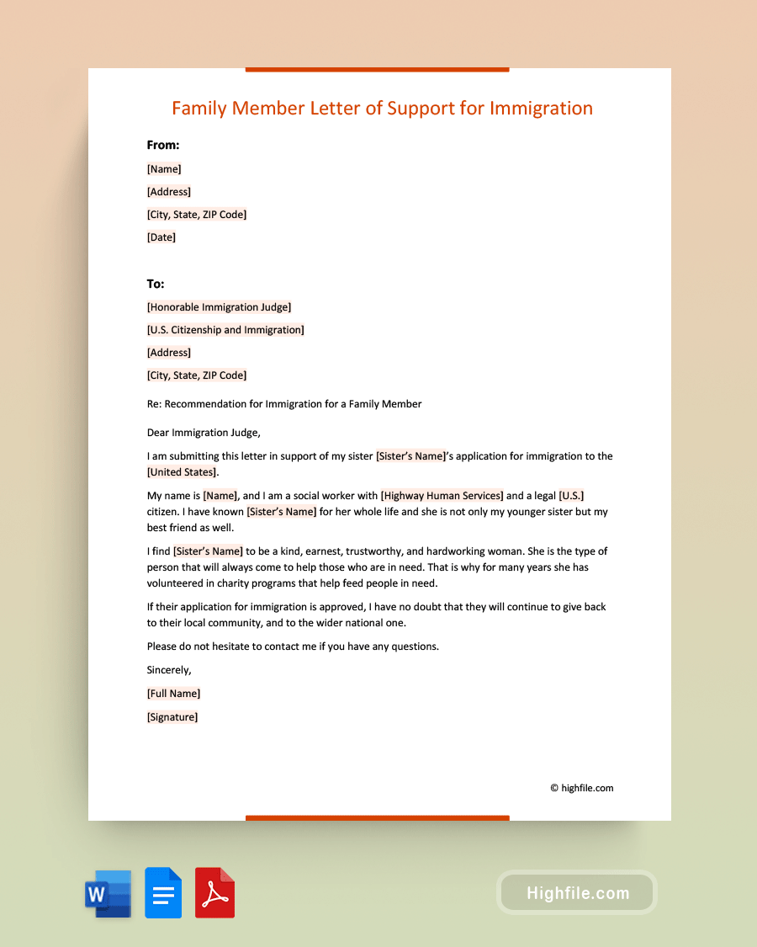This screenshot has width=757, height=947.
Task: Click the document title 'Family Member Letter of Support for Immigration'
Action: [x=382, y=108]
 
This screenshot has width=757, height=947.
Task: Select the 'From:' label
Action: [x=163, y=145]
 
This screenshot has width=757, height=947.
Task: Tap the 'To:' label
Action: [x=156, y=284]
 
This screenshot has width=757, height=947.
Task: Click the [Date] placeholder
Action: [x=161, y=237]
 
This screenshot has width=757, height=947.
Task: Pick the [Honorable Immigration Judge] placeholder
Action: [x=219, y=307]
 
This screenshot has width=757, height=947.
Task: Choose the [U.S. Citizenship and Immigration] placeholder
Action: [x=225, y=330]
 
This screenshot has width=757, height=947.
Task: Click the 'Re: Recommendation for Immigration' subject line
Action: [x=284, y=404]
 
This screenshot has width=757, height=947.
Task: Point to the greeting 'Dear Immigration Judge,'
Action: [x=204, y=433]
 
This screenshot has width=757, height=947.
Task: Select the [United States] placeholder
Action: [x=183, y=472]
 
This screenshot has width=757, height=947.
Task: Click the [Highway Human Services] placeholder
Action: [x=442, y=496]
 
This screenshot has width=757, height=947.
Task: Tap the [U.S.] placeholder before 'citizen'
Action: [x=571, y=496]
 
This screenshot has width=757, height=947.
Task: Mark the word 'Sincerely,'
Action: [x=169, y=670]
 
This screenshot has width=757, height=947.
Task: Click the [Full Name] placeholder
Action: [x=173, y=694]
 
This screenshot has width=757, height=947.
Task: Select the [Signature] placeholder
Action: [x=172, y=717]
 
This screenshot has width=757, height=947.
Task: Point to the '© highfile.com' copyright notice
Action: [x=582, y=789]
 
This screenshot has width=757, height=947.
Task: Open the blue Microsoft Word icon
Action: [x=109, y=893]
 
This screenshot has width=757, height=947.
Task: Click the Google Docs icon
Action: [x=163, y=892]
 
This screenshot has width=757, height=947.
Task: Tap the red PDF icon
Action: [x=214, y=892]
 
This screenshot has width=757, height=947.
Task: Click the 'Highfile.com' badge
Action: [x=577, y=893]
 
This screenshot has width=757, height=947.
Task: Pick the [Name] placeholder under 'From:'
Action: [x=164, y=169]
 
